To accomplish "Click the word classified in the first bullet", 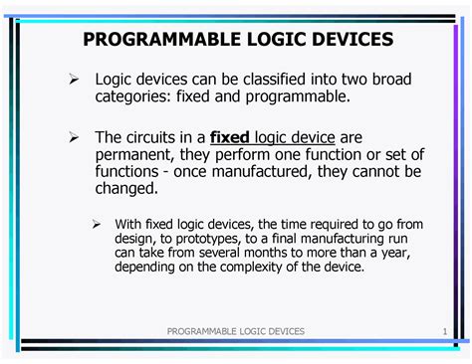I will click(x=274, y=78).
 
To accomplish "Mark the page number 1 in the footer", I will click(x=440, y=330).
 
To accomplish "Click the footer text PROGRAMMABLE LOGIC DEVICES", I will click(x=235, y=330).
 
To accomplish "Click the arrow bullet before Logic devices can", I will click(x=72, y=79).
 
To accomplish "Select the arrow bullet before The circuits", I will click(x=72, y=137).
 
